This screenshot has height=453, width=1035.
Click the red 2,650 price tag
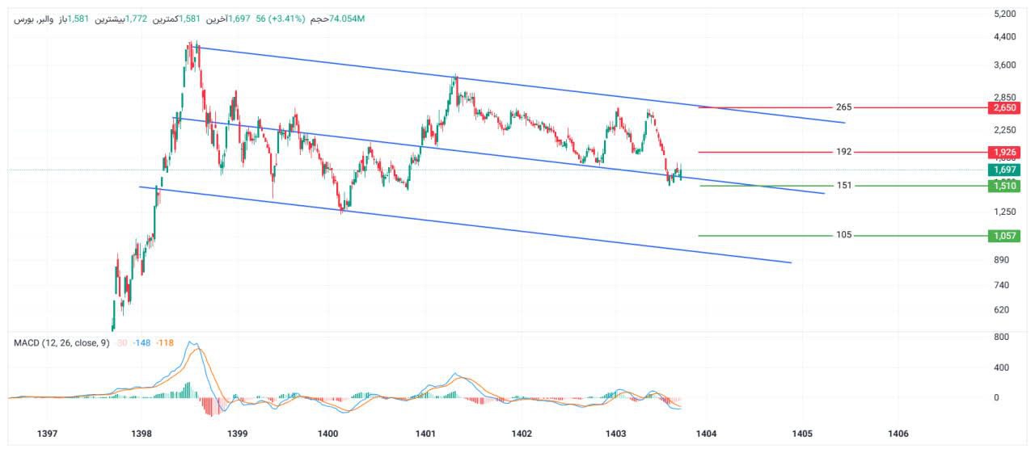1006,107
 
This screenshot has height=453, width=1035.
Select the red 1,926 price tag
1006,152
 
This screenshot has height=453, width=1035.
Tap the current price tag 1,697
1006,170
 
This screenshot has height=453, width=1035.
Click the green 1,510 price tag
1006,186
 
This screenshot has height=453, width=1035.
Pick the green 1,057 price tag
1006,236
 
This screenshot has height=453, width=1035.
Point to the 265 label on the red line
843,107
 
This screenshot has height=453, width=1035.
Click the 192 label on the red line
843,152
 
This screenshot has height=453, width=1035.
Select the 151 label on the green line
843,186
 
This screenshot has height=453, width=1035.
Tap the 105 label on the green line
843,236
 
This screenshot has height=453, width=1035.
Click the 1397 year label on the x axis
48,434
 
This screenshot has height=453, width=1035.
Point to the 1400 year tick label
328,434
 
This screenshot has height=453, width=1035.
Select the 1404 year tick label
706,434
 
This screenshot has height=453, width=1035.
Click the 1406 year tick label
898,434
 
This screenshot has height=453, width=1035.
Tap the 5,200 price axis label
1006,14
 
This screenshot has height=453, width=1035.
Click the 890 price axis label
1003,259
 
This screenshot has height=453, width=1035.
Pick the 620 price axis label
1003,309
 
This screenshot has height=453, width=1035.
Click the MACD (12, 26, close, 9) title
61,342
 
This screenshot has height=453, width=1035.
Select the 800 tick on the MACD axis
1002,337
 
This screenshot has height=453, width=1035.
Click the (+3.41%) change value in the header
281,19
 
